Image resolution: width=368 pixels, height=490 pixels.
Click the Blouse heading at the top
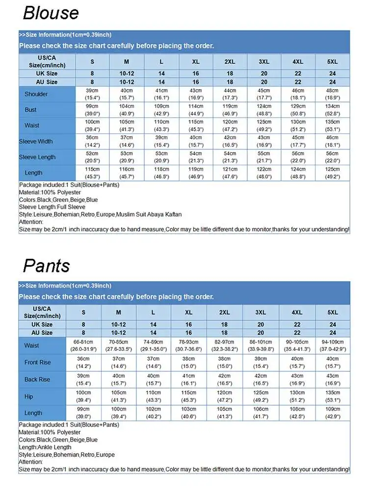[51, 13]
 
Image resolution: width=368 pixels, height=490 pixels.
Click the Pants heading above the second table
[47, 266]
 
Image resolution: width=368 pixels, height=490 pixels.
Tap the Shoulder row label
[36, 94]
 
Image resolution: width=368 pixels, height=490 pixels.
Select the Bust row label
[30, 110]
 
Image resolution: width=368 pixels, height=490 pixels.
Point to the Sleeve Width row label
[36, 142]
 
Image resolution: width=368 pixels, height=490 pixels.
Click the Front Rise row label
[37, 363]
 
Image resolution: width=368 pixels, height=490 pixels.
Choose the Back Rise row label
[37, 380]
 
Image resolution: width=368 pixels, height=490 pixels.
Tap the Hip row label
[29, 396]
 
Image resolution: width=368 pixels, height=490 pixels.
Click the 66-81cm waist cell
[83, 345]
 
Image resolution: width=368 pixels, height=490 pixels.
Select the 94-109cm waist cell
[332, 345]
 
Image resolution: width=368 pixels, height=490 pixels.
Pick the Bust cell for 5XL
[332, 110]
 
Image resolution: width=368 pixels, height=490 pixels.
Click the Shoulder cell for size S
[92, 94]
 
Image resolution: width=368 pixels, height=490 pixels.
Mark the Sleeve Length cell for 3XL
[264, 157]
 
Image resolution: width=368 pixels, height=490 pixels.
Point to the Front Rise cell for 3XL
[261, 363]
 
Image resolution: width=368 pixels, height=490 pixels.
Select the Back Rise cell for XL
[188, 380]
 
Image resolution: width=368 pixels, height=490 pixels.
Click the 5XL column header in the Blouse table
[332, 62]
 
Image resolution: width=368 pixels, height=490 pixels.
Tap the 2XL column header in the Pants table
[224, 313]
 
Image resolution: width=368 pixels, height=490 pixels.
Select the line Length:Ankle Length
[46, 447]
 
